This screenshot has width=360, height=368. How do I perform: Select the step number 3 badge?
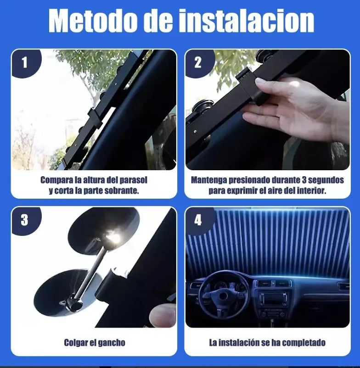point(24,220)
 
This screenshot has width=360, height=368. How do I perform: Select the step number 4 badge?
point(198,220)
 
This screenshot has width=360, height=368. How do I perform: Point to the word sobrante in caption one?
point(122,190)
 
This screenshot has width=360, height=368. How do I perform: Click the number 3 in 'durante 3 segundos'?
point(304,180)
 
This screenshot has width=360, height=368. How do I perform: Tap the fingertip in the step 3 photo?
point(163,316)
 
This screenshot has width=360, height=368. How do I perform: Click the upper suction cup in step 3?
point(104,231)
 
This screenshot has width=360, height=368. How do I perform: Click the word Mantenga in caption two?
point(211,180)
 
